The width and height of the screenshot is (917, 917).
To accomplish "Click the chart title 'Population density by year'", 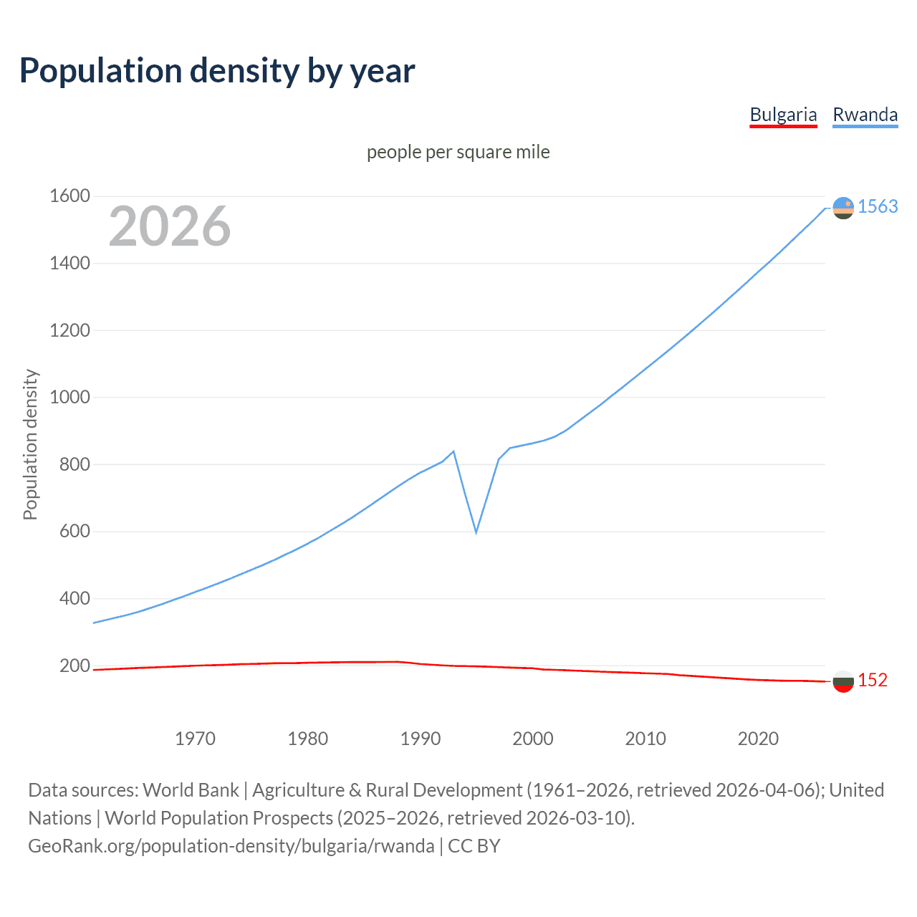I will click(217, 71).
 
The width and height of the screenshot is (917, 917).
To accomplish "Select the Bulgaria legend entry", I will click(783, 115).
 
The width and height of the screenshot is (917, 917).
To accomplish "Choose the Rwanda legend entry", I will click(865, 115).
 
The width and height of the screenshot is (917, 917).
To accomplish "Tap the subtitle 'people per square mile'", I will click(458, 152).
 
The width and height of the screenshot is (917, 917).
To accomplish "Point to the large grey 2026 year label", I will click(170, 226).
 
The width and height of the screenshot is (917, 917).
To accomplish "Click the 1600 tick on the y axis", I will click(69, 196).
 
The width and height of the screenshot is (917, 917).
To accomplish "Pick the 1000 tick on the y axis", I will click(69, 398).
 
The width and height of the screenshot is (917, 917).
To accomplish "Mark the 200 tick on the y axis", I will click(75, 666).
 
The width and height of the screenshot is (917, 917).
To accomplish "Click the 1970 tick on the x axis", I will click(195, 739).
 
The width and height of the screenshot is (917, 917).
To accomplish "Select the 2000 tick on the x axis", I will click(533, 739).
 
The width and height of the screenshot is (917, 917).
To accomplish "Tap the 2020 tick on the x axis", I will click(758, 739).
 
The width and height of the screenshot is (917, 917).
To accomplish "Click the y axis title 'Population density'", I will click(30, 444).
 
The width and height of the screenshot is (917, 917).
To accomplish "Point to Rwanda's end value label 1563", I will click(878, 207).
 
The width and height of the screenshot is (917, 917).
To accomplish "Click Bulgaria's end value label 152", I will click(873, 681).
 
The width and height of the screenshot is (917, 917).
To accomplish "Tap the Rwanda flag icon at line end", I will click(843, 208).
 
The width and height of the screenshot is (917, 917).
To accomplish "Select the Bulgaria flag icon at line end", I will click(843, 681).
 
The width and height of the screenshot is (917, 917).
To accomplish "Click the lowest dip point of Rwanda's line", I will click(476, 532).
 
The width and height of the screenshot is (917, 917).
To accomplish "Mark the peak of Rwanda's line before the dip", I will click(453, 451).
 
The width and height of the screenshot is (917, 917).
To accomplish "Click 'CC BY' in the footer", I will click(474, 846).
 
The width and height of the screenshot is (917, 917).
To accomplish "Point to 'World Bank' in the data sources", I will click(191, 790).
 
